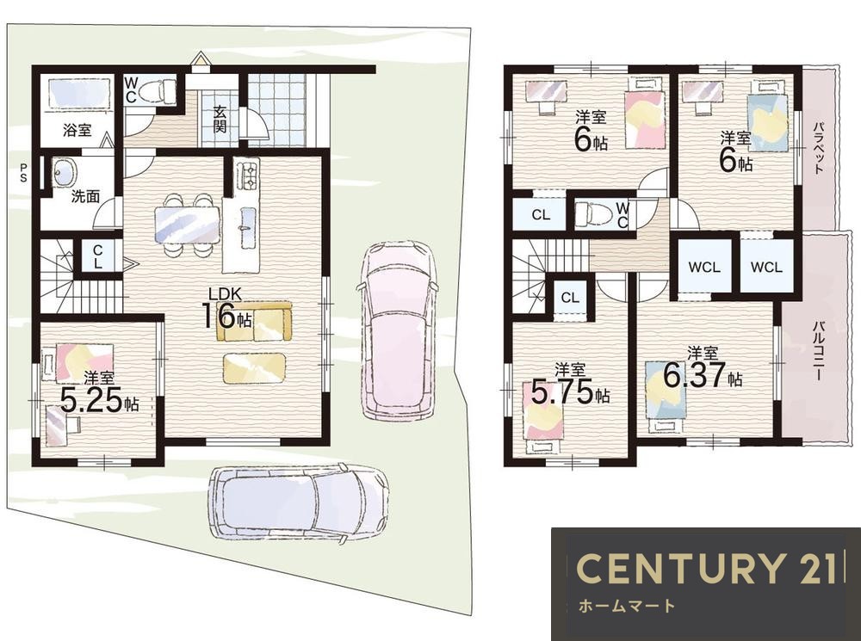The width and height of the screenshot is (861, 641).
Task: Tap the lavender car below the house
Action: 298,503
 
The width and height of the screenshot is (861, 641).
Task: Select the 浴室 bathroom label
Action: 77,131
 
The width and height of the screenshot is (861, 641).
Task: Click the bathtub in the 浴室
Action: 77,95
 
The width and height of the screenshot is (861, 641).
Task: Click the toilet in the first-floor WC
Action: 157,91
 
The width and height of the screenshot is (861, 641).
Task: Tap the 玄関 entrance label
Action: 220,119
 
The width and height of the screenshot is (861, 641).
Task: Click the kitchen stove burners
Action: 247,174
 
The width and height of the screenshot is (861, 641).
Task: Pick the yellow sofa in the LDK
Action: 254,322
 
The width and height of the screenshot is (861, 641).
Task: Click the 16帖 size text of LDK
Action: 228,317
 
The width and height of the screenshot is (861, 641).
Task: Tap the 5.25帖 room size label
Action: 99,400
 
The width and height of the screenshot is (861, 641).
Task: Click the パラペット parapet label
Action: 818,148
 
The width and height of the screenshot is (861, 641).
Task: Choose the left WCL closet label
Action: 704,268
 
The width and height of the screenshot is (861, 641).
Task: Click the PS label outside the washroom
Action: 23,172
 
